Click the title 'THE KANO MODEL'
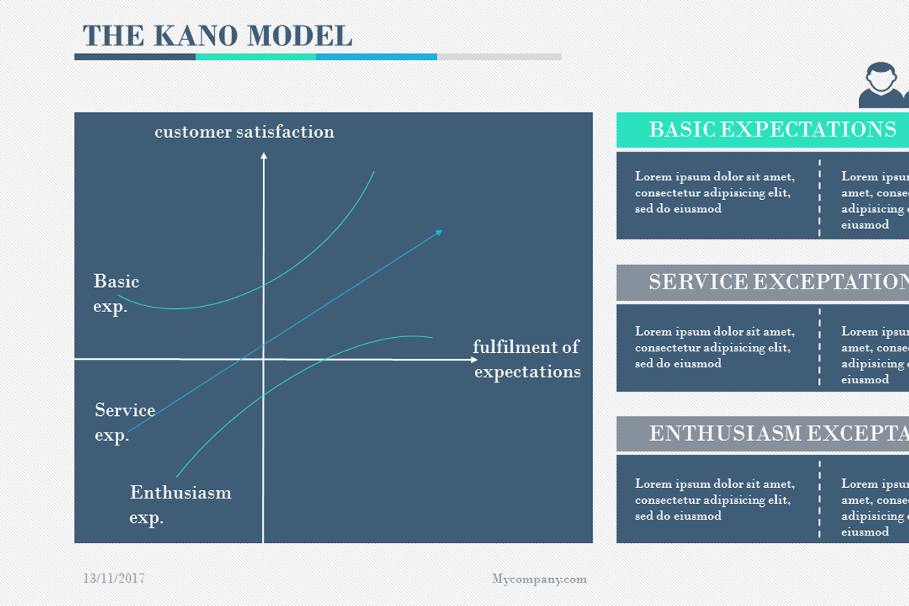(x=217, y=36)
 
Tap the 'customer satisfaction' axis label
(x=244, y=132)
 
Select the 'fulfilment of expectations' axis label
(x=526, y=359)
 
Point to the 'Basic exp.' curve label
(x=116, y=294)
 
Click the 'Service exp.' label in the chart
(x=124, y=423)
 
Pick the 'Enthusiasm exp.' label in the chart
(x=180, y=504)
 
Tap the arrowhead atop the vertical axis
(x=264, y=156)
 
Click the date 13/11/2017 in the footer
(x=114, y=579)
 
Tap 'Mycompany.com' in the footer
(x=539, y=579)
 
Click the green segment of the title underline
(x=255, y=57)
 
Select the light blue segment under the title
(x=376, y=57)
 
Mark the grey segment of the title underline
(x=499, y=57)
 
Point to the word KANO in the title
(x=193, y=36)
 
